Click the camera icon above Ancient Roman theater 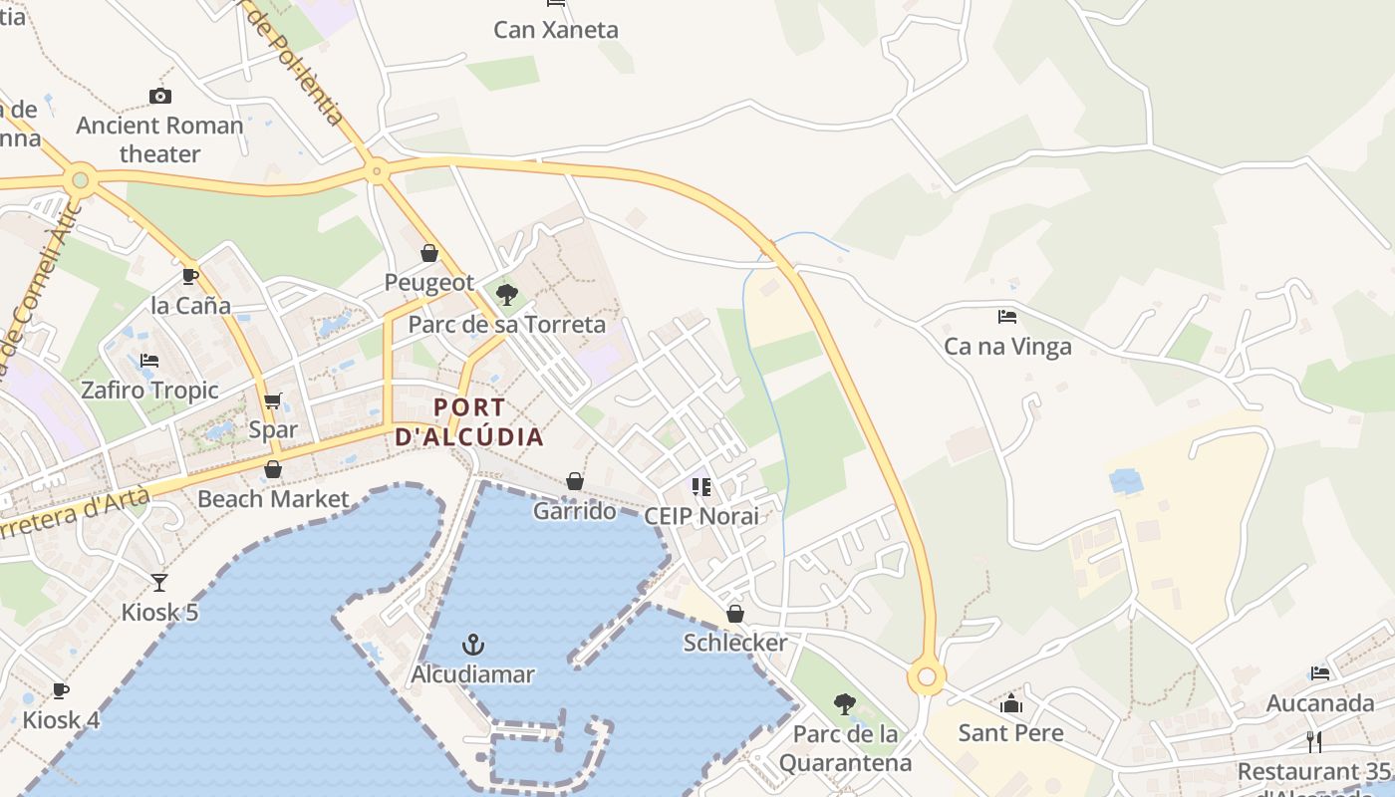point(159,97)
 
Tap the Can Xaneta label point(556,30)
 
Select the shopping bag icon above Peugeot point(429,253)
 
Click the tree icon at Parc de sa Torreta point(507,294)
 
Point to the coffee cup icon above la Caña point(190,276)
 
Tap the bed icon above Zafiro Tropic point(149,361)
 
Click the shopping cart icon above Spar point(273,401)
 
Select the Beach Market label point(273,499)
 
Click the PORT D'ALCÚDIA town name point(469,422)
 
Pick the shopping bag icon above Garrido point(575,482)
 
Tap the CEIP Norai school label point(700,516)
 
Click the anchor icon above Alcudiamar point(473,645)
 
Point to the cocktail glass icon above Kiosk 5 point(159,583)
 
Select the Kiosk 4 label point(61,719)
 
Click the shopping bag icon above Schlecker point(735,614)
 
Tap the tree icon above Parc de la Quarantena point(845,704)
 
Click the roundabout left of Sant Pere point(927,677)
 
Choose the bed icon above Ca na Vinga point(1007,317)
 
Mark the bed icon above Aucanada point(1320,673)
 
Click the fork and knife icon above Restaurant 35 point(1314,741)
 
